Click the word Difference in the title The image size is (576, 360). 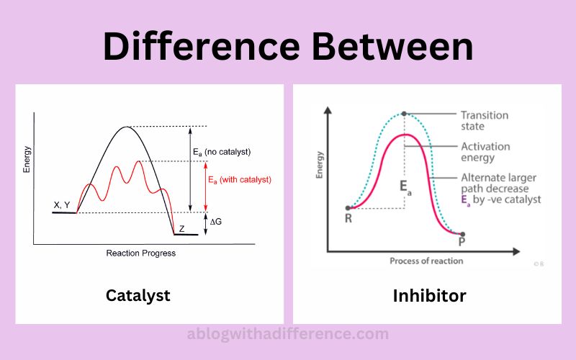202,47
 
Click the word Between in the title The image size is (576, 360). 392,47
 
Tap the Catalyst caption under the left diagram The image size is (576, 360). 138,296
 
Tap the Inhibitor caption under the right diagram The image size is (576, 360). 429,296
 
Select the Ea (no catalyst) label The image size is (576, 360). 222,152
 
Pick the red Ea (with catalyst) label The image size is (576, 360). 240,180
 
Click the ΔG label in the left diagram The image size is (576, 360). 215,222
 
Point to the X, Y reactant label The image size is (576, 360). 62,205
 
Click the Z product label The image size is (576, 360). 181,229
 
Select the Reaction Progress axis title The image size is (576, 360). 140,253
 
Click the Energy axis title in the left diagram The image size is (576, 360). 27,159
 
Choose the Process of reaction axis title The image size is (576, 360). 426,261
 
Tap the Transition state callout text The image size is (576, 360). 485,121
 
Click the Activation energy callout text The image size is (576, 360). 485,152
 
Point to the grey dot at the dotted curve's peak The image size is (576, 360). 404,114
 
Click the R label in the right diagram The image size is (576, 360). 348,218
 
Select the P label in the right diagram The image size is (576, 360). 462,241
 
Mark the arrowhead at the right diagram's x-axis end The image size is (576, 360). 516,251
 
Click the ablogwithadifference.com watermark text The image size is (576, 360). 287,334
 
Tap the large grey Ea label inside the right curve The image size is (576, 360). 405,187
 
